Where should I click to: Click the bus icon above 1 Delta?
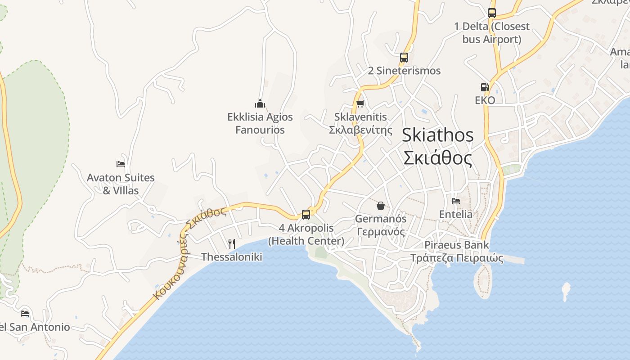point(492,13)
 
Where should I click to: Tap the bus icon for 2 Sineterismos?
point(404,58)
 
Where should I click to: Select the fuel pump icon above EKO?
point(485,87)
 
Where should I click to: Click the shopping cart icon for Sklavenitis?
point(360,104)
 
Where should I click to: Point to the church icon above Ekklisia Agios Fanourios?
point(260,104)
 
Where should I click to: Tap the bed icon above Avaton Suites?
point(120,164)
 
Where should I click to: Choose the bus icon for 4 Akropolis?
point(306,214)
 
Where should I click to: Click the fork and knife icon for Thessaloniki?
point(232,244)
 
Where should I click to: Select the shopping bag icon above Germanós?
point(381,206)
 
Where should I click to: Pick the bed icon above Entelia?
point(456,201)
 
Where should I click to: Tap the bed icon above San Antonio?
point(25,314)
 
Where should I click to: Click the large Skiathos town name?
point(437,135)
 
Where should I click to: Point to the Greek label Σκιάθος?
point(437,158)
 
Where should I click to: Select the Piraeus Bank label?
point(457,245)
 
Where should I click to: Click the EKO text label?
point(485,100)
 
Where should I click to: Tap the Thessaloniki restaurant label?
point(232,257)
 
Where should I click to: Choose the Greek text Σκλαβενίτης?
point(360,130)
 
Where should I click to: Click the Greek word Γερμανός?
point(381,232)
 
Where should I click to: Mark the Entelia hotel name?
point(456,214)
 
